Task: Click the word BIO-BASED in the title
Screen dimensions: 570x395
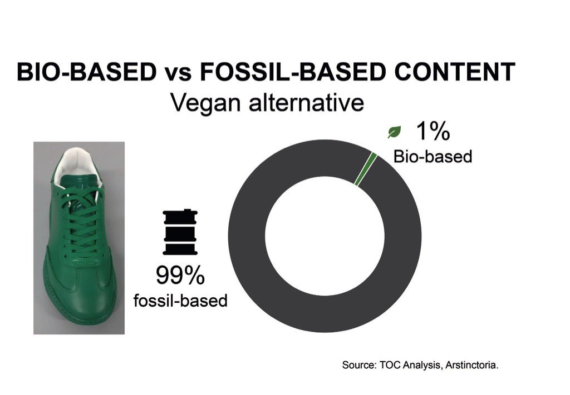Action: point(87,72)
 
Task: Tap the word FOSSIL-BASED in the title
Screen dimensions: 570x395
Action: point(292,72)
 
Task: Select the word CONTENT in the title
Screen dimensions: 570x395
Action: point(455,72)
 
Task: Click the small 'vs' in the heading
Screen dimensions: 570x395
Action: point(178,74)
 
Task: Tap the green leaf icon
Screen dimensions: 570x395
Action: point(394,132)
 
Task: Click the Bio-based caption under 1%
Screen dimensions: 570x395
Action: point(433,157)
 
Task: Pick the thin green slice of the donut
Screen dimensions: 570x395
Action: point(366,169)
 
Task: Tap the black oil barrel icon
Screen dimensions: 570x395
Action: point(180,232)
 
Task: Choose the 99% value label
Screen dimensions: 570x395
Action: point(180,276)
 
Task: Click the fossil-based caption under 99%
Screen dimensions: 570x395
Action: point(180,301)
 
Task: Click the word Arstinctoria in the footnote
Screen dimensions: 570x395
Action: point(471,365)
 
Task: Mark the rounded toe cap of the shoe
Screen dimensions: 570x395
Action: point(76,304)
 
